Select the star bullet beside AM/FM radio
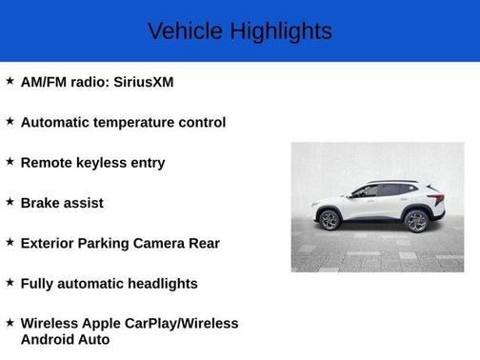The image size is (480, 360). click(10, 81)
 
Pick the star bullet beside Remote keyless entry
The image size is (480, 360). click(10, 161)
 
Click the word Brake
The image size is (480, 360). click(42, 203)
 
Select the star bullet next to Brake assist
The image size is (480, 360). click(10, 202)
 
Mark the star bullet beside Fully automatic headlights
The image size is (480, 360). click(10, 282)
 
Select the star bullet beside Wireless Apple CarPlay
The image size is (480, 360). click(10, 322)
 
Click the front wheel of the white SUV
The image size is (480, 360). click(330, 221)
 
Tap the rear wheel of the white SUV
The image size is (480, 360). click(416, 221)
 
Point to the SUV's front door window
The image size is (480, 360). click(366, 191)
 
